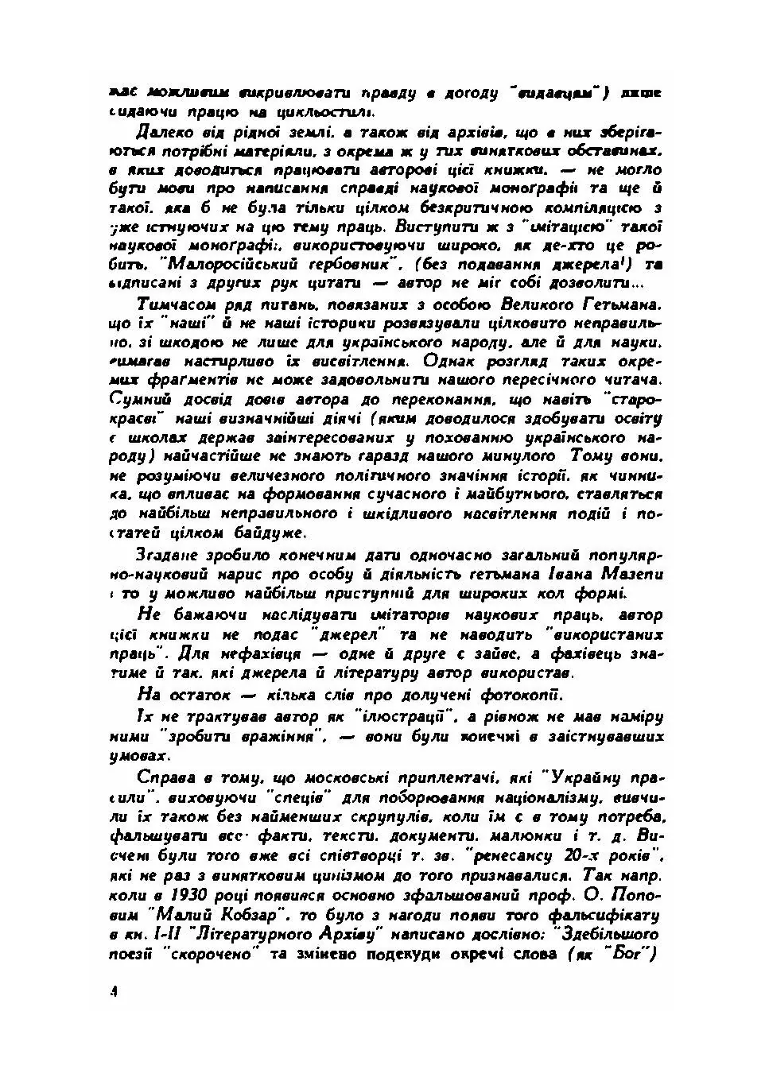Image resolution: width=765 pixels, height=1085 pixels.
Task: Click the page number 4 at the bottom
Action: (114, 991)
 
